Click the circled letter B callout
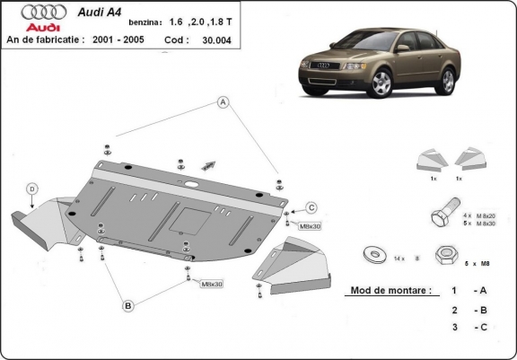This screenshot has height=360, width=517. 128,307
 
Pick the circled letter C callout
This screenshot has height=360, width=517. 311,208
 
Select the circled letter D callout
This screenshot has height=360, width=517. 31,189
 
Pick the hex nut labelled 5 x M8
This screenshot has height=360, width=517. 444,256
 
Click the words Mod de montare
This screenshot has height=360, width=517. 383,291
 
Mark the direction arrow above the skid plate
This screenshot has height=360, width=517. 212,163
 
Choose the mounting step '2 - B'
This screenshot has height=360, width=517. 468,310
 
